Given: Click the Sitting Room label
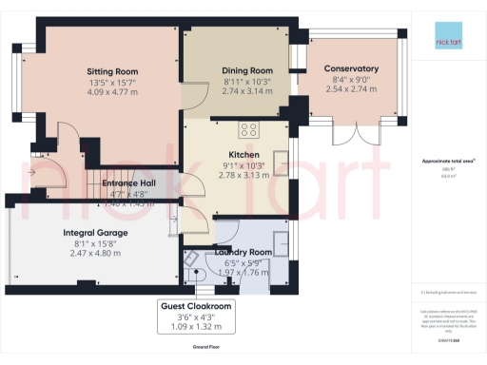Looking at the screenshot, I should tap(112, 71).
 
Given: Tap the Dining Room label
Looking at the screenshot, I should tap(247, 70).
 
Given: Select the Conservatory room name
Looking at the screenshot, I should tap(351, 68).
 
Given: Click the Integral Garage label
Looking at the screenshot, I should tap(95, 232).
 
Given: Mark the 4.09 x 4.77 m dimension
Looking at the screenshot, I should tap(112, 93).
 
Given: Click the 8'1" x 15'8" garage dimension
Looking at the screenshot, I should tap(95, 244).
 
